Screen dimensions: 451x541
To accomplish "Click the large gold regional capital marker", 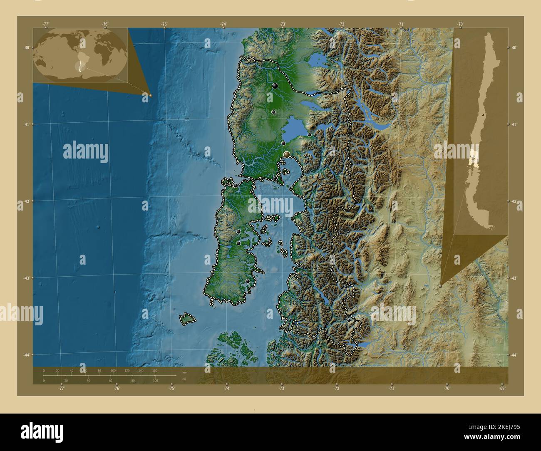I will [287, 155].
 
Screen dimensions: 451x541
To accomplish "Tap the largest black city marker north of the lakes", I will [275, 86].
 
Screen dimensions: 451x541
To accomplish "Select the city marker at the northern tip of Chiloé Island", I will [236, 185].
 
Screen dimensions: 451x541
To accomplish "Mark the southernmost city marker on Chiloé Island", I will [248, 281].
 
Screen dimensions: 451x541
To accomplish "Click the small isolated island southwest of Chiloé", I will [188, 319].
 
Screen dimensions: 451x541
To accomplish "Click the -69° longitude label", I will [502, 389].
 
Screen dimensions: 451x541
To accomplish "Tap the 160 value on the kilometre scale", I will [154, 370].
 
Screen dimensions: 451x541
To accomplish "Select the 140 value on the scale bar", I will [141, 370].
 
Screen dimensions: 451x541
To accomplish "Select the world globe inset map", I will [80, 55].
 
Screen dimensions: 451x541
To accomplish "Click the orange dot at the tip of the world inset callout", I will [150, 95].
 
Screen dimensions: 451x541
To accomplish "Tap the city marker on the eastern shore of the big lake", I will [310, 134].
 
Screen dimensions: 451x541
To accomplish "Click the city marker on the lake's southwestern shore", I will [283, 143].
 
